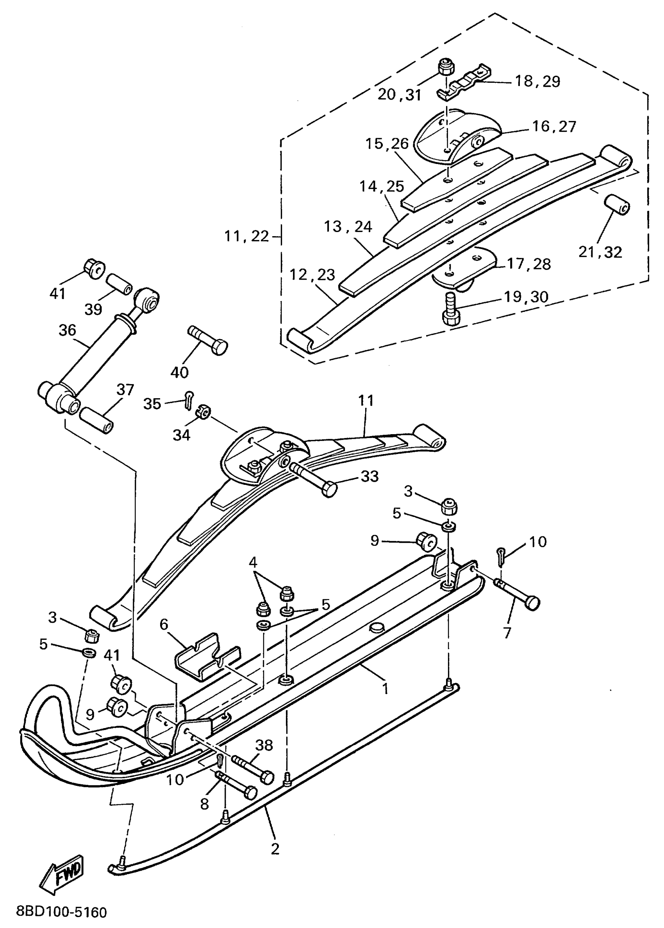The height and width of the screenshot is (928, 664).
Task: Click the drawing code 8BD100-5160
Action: click(62, 912)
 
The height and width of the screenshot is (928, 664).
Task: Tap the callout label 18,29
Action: click(537, 81)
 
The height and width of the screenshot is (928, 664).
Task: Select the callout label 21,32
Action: click(600, 253)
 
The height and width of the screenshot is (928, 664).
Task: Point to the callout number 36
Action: click(67, 330)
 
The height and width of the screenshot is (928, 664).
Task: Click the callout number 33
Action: click(369, 476)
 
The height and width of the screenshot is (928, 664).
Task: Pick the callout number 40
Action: click(179, 372)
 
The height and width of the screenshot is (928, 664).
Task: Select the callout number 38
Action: click(264, 745)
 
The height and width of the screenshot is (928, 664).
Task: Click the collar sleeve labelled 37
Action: click(96, 420)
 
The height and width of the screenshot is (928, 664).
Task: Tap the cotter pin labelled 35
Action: click(189, 399)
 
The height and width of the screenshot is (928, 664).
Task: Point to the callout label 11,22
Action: click(246, 236)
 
